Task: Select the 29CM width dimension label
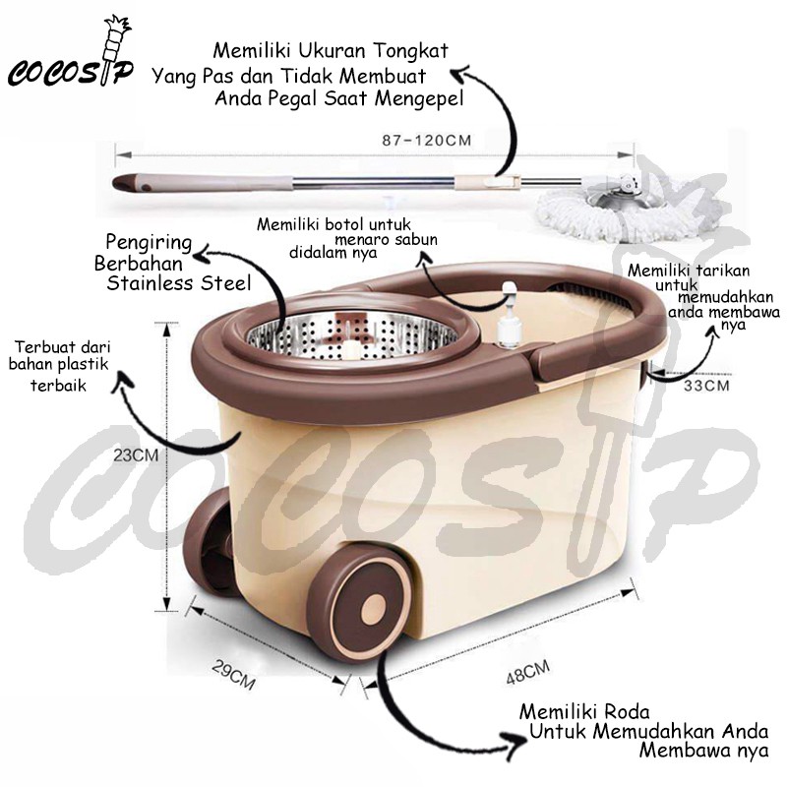point(233,676)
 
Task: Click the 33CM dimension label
point(706,387)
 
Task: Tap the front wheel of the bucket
point(371,609)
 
